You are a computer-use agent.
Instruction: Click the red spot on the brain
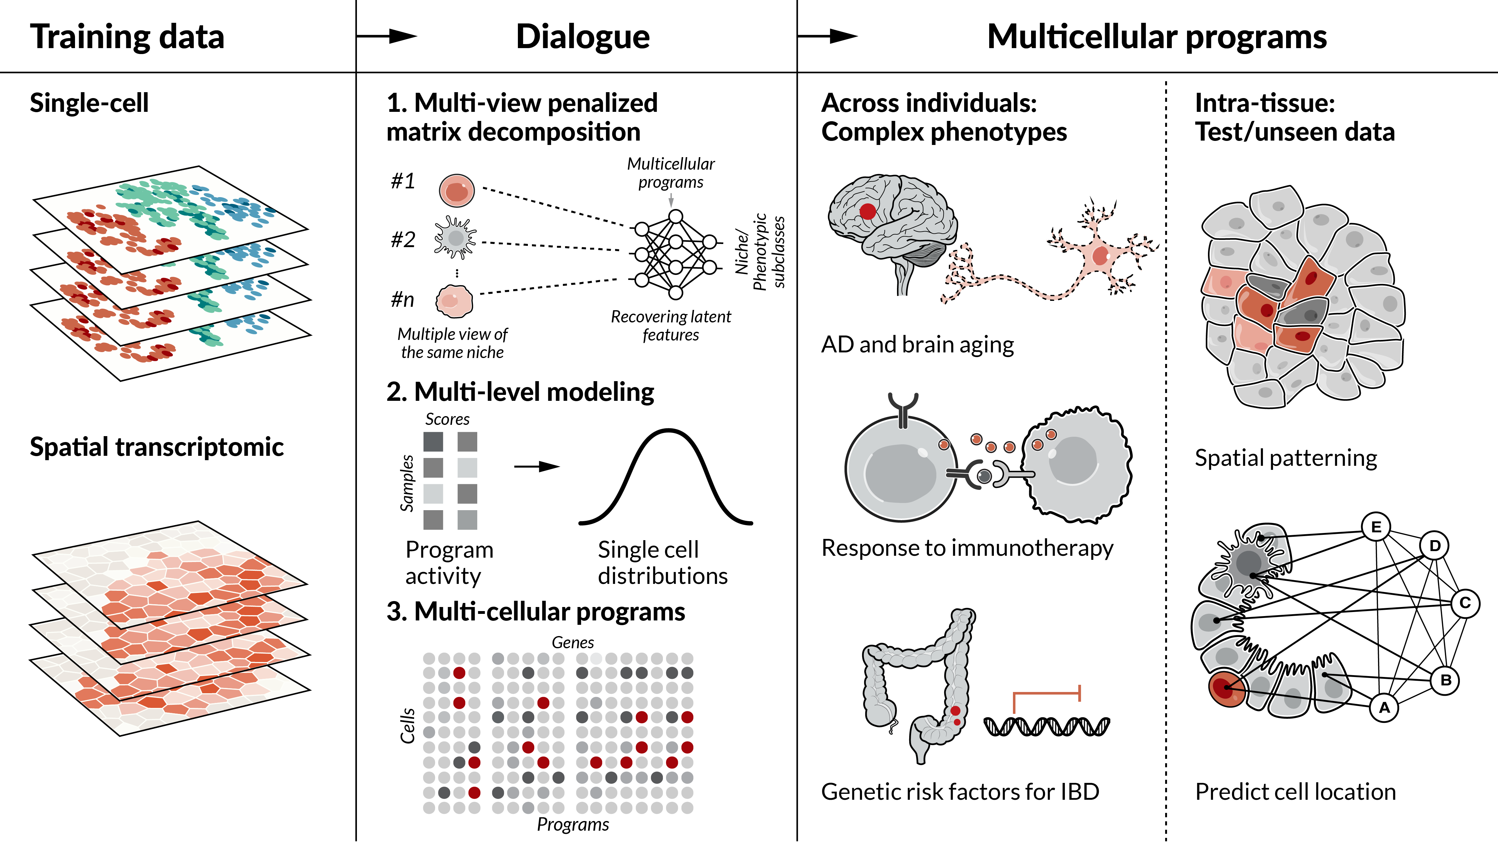click(x=868, y=211)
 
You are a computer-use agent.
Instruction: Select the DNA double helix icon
click(x=1046, y=726)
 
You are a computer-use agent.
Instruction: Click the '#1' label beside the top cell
click(x=403, y=182)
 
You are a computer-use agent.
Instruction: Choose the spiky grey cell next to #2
click(x=455, y=237)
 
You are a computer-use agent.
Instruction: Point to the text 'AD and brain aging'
click(x=917, y=345)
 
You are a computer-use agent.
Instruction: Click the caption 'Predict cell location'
click(x=1295, y=792)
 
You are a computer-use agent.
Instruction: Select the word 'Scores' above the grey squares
click(x=447, y=419)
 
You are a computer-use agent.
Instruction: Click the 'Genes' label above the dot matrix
click(x=573, y=643)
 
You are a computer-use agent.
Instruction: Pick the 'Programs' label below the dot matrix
click(x=573, y=824)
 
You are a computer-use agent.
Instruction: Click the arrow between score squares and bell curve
click(x=536, y=466)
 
